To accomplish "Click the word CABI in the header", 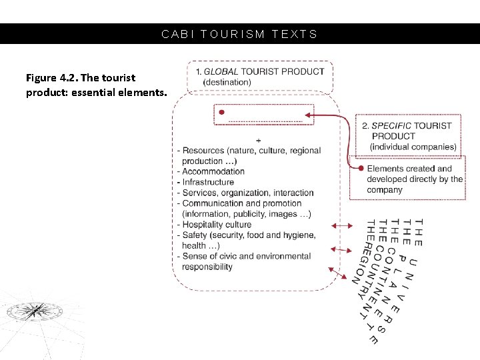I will (175, 34).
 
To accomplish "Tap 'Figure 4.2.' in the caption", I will (51, 78).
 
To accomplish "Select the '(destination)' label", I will (227, 82).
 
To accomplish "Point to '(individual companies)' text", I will (413, 147).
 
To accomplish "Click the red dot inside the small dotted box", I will (222, 113).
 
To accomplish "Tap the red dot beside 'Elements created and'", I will (361, 169).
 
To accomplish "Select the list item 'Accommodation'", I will (213, 171).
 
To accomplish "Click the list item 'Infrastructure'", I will (208, 182).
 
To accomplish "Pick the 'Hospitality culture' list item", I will (217, 225).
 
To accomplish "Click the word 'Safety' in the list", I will (194, 235).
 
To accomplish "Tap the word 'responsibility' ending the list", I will (207, 267).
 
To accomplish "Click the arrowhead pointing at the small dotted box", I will (309, 115).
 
